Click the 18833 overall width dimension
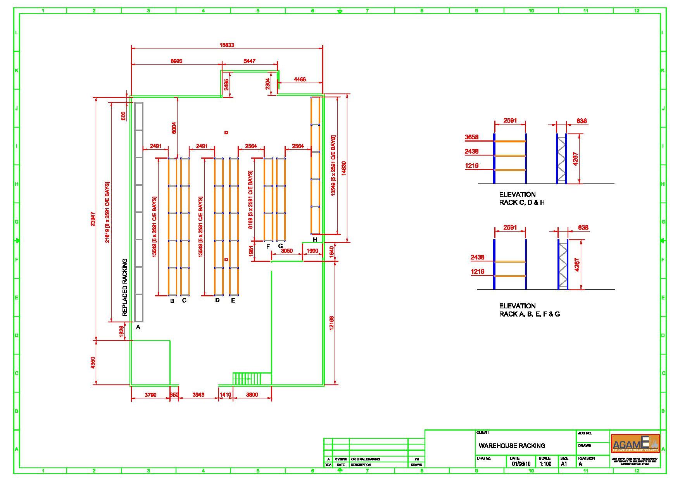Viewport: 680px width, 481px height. [227, 45]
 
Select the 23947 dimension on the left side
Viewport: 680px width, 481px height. [93, 219]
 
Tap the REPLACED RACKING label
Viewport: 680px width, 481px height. [125, 287]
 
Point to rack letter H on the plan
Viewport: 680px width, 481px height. [315, 240]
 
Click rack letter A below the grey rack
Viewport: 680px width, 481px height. [138, 327]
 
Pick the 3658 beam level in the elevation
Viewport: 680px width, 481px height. [472, 137]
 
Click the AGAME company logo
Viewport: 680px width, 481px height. [635, 443]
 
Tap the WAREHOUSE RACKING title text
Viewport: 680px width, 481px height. [512, 446]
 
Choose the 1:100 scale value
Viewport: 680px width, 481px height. [545, 464]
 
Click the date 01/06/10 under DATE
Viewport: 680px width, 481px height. [521, 464]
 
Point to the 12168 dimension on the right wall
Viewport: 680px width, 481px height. [331, 323]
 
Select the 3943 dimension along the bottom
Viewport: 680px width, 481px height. [198, 395]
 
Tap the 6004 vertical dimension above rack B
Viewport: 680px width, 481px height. [174, 128]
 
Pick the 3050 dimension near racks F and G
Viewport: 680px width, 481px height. [286, 251]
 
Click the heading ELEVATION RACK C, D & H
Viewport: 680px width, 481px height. [522, 198]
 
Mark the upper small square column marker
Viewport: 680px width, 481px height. [226, 133]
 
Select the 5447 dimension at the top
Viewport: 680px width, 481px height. [249, 61]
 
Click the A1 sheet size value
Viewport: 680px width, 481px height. [564, 464]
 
